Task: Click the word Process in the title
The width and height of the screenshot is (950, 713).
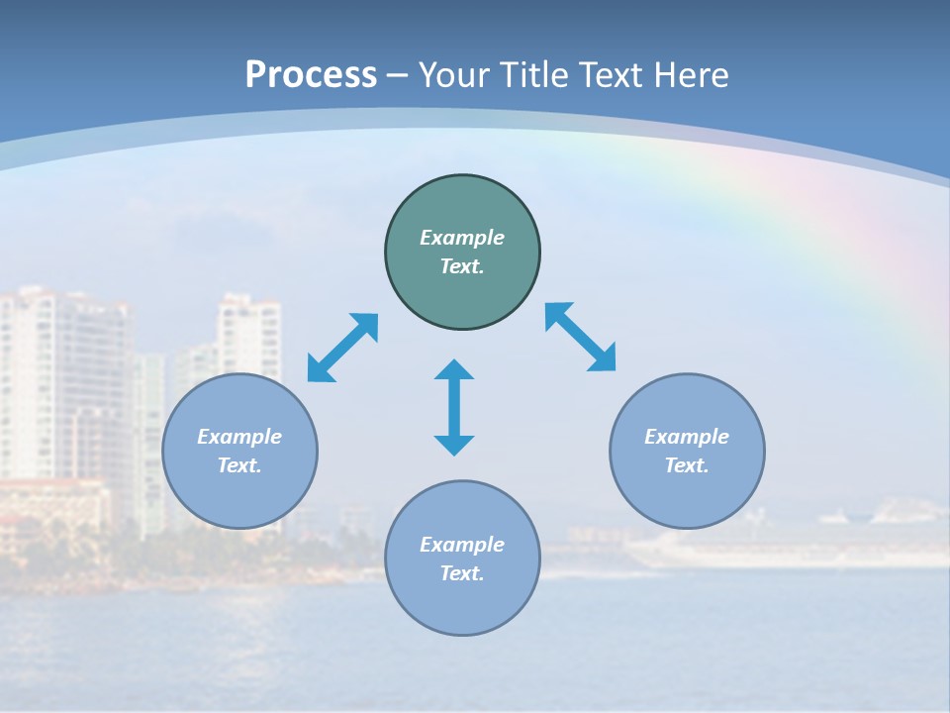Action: tap(311, 74)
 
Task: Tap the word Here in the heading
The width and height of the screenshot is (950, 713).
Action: tap(691, 74)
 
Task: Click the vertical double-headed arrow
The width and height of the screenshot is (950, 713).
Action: tap(454, 408)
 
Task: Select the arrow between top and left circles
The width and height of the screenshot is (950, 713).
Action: tap(342, 348)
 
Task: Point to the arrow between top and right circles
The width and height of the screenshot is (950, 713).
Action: tap(581, 337)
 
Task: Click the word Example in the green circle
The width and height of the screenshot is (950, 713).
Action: tap(462, 238)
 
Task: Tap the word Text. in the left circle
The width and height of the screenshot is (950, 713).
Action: tap(239, 465)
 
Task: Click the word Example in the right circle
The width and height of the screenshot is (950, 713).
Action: tap(687, 437)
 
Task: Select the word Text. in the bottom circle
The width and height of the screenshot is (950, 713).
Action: tap(462, 573)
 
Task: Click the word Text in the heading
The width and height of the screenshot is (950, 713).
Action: tap(613, 74)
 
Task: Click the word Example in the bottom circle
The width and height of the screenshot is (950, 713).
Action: tap(462, 545)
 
